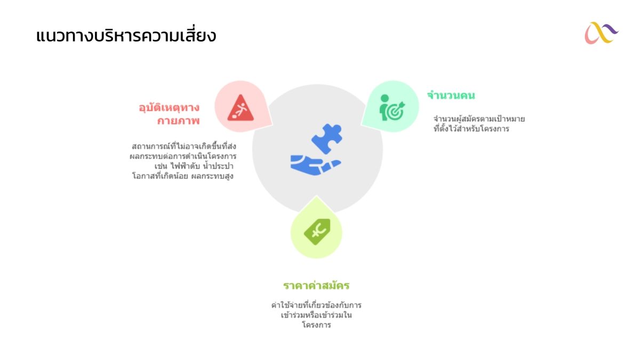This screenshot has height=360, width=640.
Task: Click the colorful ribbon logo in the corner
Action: (601, 33)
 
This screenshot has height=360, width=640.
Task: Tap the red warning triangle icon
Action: (241, 108)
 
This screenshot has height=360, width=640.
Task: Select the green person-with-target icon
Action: (391, 107)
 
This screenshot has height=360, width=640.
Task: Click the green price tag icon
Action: (317, 231)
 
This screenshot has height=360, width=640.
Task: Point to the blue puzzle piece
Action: (326, 139)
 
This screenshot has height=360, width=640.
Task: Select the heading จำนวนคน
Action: (451, 95)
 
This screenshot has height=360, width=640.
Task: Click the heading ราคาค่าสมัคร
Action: (316, 285)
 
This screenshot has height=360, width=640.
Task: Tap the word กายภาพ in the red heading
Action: (178, 121)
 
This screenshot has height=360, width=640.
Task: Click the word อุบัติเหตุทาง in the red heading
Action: (169, 108)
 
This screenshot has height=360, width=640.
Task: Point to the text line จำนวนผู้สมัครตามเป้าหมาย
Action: (479, 118)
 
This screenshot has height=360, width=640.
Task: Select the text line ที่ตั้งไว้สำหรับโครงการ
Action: (471, 129)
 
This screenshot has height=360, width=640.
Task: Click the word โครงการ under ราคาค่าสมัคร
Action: (317, 325)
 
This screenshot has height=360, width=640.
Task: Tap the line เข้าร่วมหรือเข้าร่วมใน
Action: (316, 315)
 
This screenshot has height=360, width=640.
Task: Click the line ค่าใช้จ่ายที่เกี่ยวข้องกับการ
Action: (316, 305)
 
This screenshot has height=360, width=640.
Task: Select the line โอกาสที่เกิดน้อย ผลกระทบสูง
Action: (183, 175)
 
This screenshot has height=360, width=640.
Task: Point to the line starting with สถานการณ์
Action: (184, 146)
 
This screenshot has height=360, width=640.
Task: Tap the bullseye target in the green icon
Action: (395, 111)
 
